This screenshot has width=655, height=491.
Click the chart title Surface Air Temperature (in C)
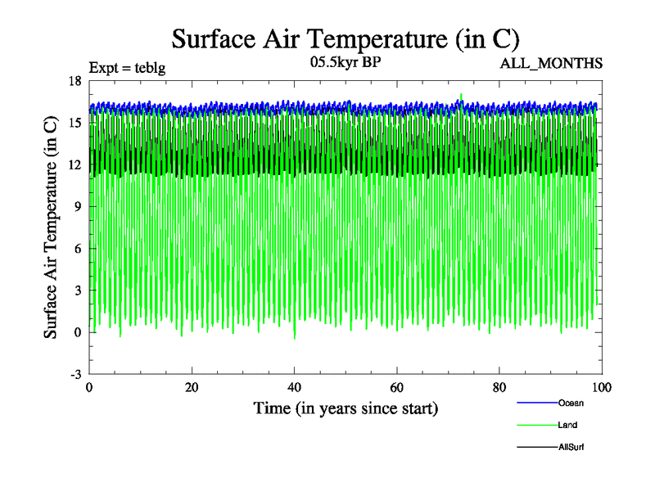pyautogui.click(x=345, y=38)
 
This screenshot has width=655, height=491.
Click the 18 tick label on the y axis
pyautogui.click(x=75, y=80)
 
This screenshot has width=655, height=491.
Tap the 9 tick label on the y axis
pyautogui.click(x=77, y=206)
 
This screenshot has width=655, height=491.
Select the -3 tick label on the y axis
pyautogui.click(x=75, y=374)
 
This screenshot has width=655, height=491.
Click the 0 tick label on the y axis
pyautogui.click(x=77, y=332)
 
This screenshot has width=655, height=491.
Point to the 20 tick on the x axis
pyautogui.click(x=191, y=387)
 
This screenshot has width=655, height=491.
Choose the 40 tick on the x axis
pyautogui.click(x=294, y=387)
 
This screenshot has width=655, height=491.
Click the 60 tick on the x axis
pyautogui.click(x=396, y=387)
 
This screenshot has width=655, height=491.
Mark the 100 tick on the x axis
pyautogui.click(x=602, y=387)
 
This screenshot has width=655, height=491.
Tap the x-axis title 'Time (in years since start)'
pyautogui.click(x=346, y=407)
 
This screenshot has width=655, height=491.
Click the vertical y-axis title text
pyautogui.click(x=51, y=227)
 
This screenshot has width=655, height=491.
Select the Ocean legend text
pyautogui.click(x=571, y=403)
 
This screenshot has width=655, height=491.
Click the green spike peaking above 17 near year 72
pyautogui.click(x=462, y=97)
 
